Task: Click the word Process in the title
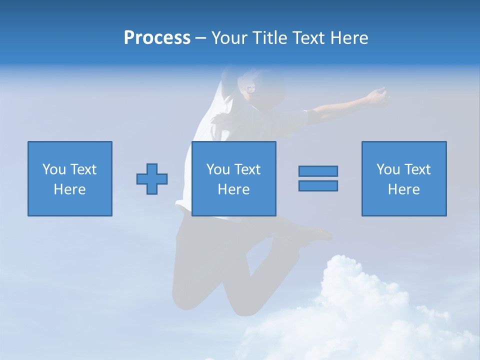[157, 38]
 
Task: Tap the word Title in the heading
[269, 38]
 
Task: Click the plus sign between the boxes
[152, 179]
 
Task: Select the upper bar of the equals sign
[318, 171]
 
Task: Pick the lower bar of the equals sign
[318, 185]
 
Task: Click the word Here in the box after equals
[403, 189]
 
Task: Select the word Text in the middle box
[247, 169]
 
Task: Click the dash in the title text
[200, 38]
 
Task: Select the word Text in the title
[306, 38]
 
